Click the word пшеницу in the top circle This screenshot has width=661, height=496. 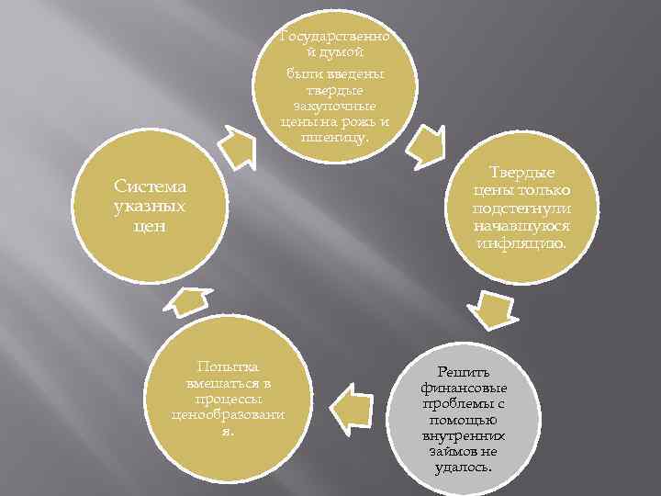tap(333, 138)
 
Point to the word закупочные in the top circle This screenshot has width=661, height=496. tap(335, 106)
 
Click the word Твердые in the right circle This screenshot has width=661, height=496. tap(521, 173)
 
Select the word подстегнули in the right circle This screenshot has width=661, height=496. tap(521, 209)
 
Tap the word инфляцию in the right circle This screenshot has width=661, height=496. tap(521, 243)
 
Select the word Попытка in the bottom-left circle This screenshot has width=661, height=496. tap(221, 365)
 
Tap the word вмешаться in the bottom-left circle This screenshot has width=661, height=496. tap(221, 381)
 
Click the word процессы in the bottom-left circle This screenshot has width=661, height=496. tap(221, 399)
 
